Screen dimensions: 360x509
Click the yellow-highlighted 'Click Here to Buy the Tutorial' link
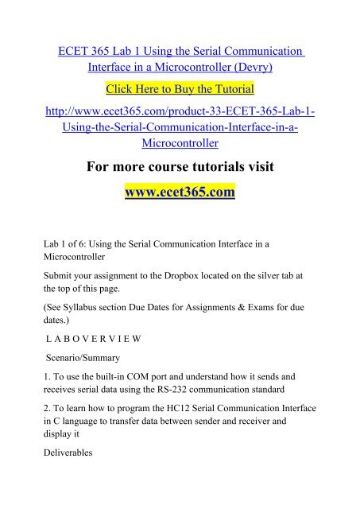tap(180, 86)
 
